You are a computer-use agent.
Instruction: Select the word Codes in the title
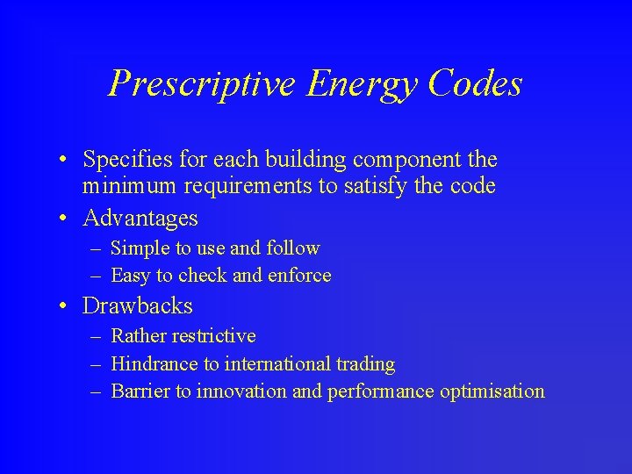click(476, 84)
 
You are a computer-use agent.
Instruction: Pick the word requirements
click(231, 186)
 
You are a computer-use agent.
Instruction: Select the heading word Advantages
click(140, 218)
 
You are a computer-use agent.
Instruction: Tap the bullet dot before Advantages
click(66, 218)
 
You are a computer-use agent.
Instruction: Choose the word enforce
click(299, 276)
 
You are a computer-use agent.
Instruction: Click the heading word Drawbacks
click(137, 305)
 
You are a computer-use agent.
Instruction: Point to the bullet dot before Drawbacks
click(66, 305)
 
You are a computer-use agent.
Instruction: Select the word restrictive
click(214, 336)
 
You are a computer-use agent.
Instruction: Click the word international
click(280, 363)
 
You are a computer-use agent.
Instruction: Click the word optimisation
click(493, 391)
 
